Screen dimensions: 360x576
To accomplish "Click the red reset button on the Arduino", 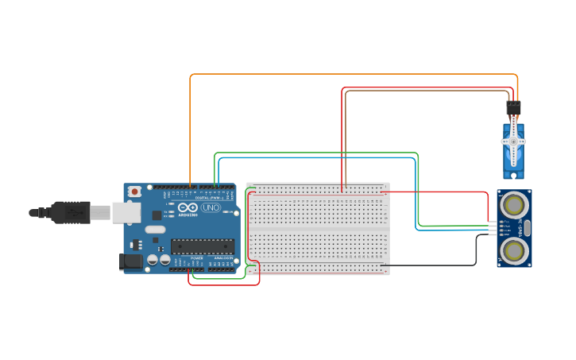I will tap(135, 192).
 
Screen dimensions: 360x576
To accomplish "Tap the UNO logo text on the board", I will tap(211, 207).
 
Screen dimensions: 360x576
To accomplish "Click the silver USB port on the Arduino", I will tap(126, 211).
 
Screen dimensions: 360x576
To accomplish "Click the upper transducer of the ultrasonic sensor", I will tap(515, 203).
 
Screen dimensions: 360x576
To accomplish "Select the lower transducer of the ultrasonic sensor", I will tap(515, 252).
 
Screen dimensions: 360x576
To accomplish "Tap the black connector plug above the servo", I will tap(513, 107).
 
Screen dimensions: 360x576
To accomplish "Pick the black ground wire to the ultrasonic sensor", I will tap(433, 265).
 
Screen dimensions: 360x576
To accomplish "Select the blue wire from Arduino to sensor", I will tap(318, 158).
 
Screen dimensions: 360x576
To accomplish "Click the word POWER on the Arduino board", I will tap(196, 258).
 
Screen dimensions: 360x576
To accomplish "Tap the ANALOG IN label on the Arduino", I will tap(223, 258).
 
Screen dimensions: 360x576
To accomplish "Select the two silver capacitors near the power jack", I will tap(158, 259).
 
